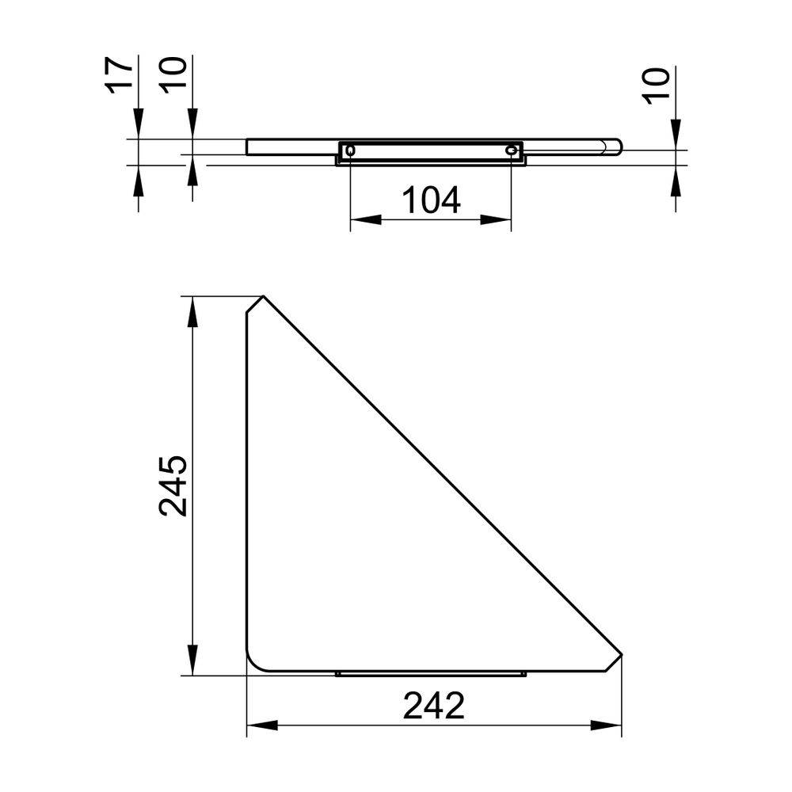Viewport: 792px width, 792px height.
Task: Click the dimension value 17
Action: [x=119, y=75]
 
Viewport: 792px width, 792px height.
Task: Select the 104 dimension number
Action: [x=431, y=200]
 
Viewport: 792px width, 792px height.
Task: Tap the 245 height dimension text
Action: [x=173, y=485]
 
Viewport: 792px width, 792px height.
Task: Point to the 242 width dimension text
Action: [x=433, y=706]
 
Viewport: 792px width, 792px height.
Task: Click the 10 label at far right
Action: [x=656, y=86]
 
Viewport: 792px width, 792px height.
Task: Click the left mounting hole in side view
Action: [x=349, y=150]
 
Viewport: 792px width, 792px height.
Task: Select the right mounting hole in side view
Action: [x=512, y=150]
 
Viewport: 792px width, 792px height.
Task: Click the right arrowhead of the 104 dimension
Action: [x=496, y=220]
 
